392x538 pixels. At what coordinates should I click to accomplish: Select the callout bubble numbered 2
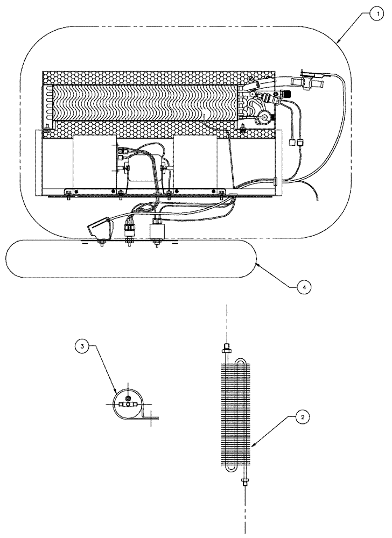click(303, 416)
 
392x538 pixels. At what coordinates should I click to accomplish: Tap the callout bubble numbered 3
click(82, 347)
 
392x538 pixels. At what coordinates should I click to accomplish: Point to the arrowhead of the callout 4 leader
click(257, 262)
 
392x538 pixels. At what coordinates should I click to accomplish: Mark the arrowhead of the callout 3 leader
click(116, 391)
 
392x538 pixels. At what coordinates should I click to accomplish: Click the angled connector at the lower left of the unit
click(99, 229)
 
